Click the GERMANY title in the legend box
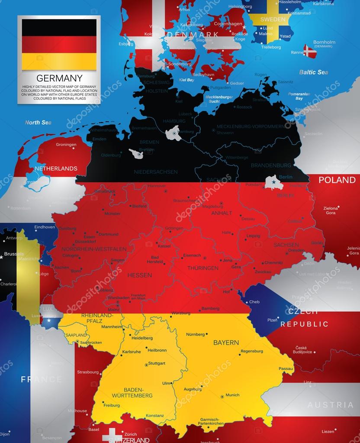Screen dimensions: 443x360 point(59,78)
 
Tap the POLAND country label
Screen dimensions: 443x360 point(337,180)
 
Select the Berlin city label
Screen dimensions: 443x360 point(286,177)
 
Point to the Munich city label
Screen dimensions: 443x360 point(232,395)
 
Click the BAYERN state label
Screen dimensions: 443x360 point(226,343)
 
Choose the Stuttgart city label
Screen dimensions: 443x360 point(157,364)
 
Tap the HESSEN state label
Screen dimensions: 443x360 point(139,275)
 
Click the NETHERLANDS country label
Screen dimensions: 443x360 point(56,168)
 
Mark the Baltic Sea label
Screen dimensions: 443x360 point(313,72)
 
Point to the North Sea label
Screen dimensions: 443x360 point(38,123)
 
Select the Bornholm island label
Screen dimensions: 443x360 point(324,42)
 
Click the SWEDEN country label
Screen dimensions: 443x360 point(273,19)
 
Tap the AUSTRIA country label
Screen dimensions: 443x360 point(331,405)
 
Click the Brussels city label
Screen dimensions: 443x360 point(14,254)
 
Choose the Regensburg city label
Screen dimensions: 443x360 point(251,351)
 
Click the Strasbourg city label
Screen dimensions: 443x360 point(88,372)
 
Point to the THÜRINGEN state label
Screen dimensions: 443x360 point(202,268)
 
